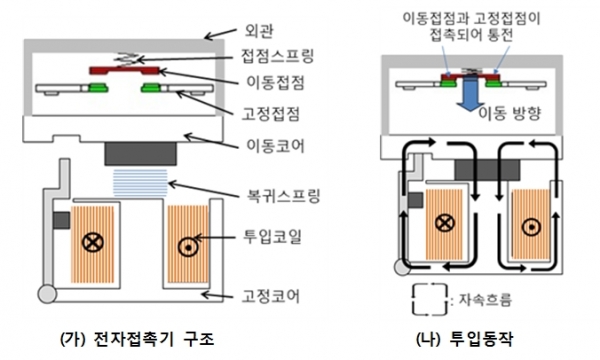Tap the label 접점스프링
pyautogui.click(x=281, y=46)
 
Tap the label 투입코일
pyautogui.click(x=275, y=241)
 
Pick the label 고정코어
pyautogui.click(x=275, y=296)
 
